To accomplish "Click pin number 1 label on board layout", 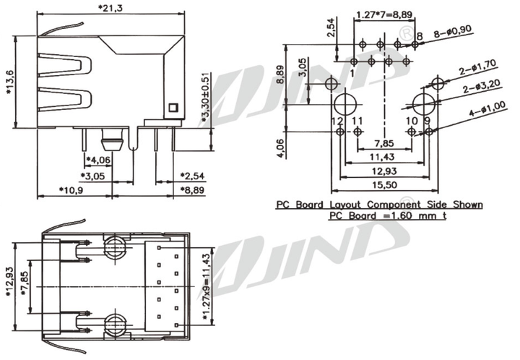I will click(x=352, y=73).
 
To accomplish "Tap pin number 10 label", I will click(x=412, y=121).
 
